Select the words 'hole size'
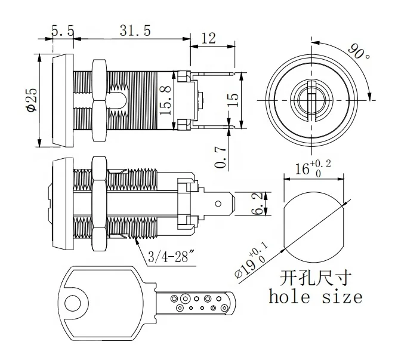coord(316,296)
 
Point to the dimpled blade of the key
coord(197,303)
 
